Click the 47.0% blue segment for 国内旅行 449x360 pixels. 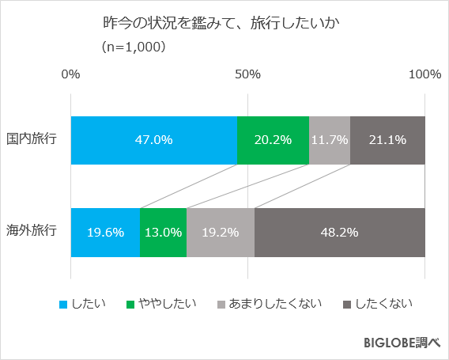click(153, 140)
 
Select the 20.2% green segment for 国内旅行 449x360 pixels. click(273, 140)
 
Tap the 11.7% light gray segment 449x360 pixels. click(329, 140)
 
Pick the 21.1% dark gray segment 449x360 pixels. click(387, 140)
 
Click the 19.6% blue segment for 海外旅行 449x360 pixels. click(105, 233)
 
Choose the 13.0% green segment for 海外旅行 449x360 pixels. click(163, 233)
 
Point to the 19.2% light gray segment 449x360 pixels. click(221, 233)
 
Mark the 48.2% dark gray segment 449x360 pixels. click(340, 233)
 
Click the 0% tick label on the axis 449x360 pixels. click(70, 74)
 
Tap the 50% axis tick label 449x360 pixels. click(247, 74)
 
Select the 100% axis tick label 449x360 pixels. click(425, 74)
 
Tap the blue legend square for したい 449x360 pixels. click(62, 304)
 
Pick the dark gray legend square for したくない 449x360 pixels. click(348, 304)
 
